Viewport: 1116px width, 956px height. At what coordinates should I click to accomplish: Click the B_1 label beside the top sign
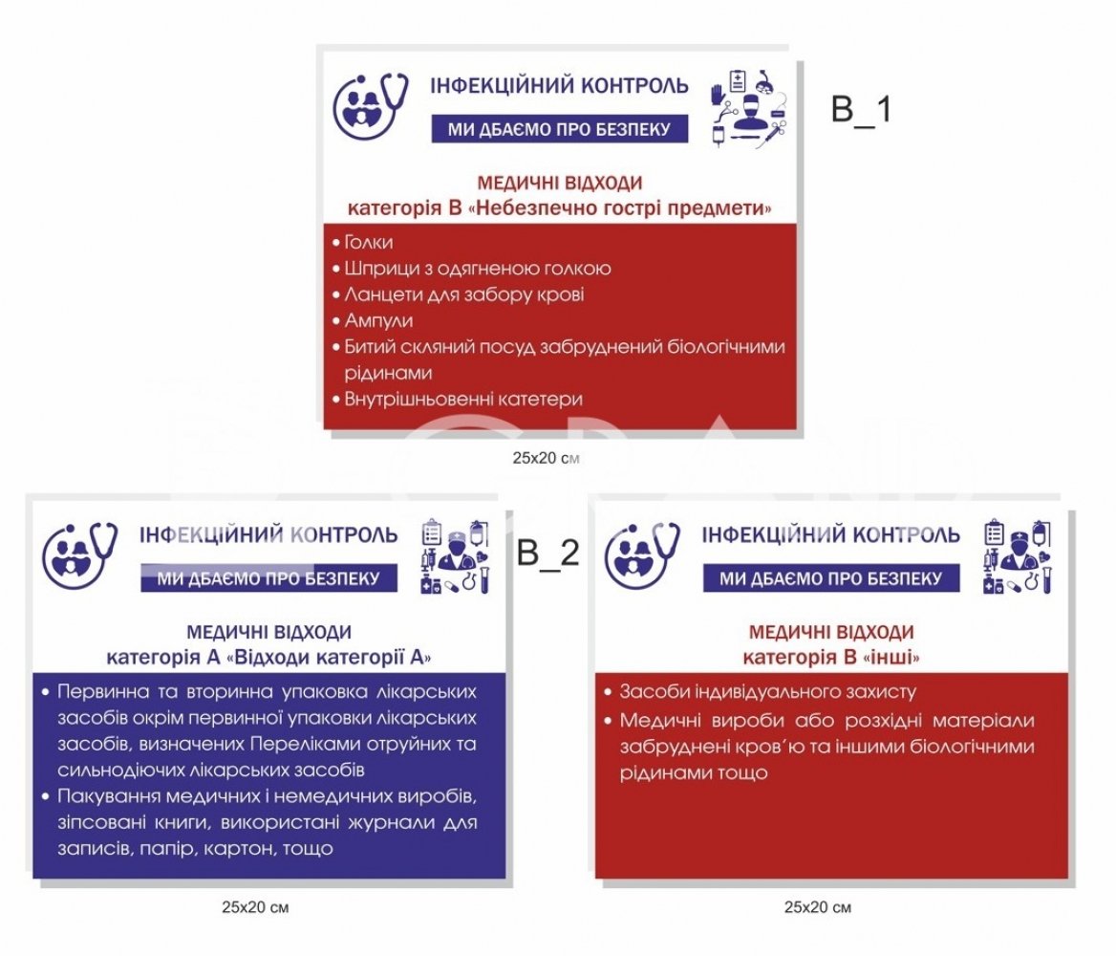pyautogui.click(x=861, y=110)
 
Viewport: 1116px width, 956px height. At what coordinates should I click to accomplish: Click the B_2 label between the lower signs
pyautogui.click(x=548, y=553)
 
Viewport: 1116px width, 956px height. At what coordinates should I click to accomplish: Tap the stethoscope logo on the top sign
pyautogui.click(x=371, y=106)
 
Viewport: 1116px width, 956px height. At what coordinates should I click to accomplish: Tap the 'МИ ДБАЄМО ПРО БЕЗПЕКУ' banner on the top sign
pyautogui.click(x=559, y=129)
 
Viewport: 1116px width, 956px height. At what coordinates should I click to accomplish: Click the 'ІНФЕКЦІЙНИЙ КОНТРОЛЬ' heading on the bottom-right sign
pyautogui.click(x=830, y=534)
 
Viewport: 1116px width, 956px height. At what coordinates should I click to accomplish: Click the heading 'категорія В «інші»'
pyautogui.click(x=831, y=657)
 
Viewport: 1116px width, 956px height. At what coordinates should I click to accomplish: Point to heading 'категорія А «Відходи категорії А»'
pyautogui.click(x=269, y=657)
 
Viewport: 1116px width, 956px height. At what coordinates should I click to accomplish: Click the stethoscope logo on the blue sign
pyautogui.click(x=79, y=555)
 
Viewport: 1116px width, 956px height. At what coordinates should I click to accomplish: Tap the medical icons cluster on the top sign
pyautogui.click(x=749, y=108)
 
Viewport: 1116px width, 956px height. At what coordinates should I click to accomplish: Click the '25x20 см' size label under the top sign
pyautogui.click(x=546, y=458)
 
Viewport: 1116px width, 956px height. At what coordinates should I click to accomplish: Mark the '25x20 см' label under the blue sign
pyautogui.click(x=255, y=907)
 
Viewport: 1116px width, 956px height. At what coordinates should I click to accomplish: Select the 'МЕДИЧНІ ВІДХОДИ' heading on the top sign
pyautogui.click(x=559, y=184)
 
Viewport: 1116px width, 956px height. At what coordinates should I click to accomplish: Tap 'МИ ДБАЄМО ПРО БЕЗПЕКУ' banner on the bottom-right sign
pyautogui.click(x=831, y=578)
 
